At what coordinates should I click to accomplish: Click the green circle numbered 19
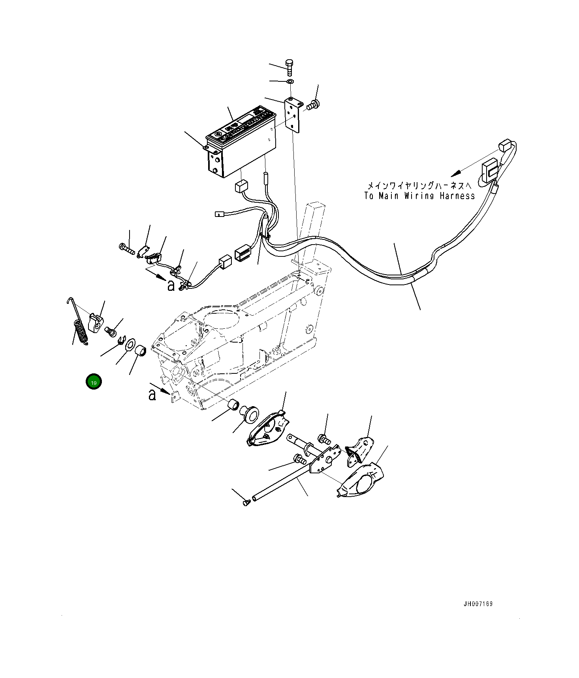pyautogui.click(x=94, y=382)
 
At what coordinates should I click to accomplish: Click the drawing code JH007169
pyautogui.click(x=478, y=604)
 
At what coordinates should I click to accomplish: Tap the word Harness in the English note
pyautogui.click(x=457, y=196)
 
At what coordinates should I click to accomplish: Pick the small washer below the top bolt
pyautogui.click(x=290, y=81)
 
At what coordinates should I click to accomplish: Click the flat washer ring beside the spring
pyautogui.click(x=130, y=344)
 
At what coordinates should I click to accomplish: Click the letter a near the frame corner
pyautogui.click(x=152, y=394)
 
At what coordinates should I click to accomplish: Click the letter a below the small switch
pyautogui.click(x=171, y=285)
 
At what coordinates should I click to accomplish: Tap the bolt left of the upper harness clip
pyautogui.click(x=126, y=249)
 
